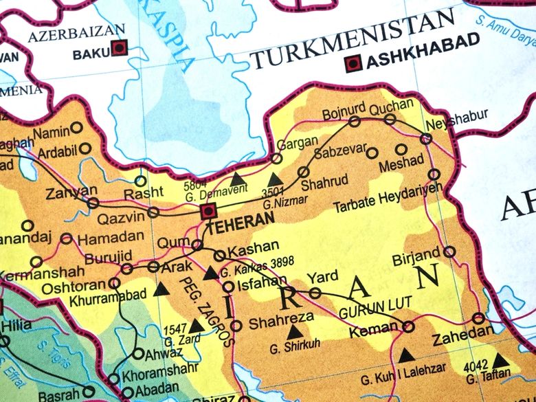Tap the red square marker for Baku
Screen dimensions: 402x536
tap(121, 48)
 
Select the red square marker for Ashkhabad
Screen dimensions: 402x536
tap(355, 63)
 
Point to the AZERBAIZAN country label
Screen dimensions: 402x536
tap(76, 30)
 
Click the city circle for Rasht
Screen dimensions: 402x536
tap(140, 181)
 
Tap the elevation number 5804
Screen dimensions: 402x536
tap(196, 185)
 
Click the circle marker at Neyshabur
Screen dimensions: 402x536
tap(426, 139)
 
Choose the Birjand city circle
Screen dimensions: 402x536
tap(449, 252)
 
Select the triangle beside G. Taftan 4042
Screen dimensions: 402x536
tap(501, 360)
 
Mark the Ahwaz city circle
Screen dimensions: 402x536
tap(138, 354)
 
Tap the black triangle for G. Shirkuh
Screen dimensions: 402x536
tap(291, 331)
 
